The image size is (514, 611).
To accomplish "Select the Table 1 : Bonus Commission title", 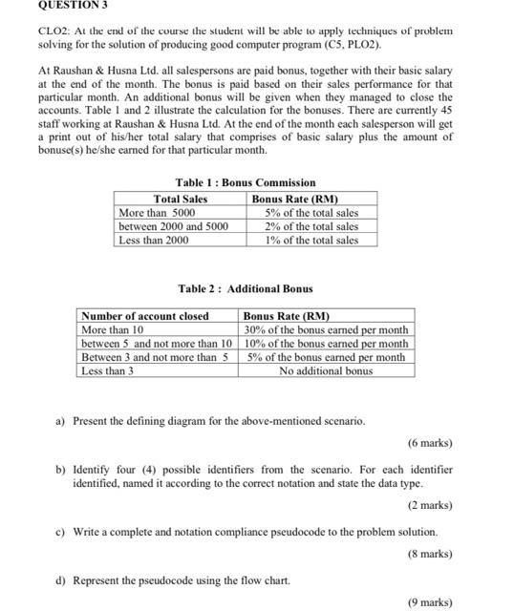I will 246,182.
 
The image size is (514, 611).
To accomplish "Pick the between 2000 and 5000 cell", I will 173,226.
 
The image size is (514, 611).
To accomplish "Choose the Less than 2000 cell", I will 153,240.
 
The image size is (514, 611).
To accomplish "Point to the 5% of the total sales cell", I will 311,213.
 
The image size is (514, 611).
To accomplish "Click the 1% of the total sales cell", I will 311,240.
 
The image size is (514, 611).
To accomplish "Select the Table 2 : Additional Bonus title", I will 246,288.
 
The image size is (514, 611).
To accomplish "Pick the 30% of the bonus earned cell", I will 326,329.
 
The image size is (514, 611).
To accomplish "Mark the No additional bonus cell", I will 326,370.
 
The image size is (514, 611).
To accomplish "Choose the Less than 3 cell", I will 107,370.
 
